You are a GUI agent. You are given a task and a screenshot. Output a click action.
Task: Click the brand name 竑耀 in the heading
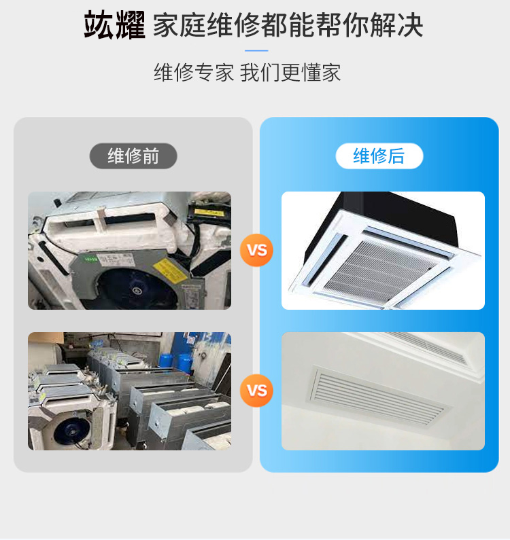[114, 25]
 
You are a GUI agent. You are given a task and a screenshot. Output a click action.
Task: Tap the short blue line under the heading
[256, 51]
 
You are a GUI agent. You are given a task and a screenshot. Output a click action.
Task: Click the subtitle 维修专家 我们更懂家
[248, 73]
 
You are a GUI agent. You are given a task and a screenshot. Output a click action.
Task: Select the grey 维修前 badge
[133, 156]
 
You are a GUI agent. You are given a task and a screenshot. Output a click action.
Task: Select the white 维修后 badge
[379, 156]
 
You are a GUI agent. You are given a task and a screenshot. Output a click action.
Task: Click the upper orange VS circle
[256, 250]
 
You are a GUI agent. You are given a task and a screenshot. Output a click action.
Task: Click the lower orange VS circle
[256, 391]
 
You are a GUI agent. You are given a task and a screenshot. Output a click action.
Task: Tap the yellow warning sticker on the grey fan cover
[169, 271]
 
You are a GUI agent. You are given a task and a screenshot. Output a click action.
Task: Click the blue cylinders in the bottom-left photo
[176, 361]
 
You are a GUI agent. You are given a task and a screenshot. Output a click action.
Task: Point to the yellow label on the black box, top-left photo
[208, 212]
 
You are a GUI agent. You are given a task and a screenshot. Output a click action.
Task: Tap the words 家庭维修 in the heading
[207, 25]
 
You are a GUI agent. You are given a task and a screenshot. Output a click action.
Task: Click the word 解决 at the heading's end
[396, 25]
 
